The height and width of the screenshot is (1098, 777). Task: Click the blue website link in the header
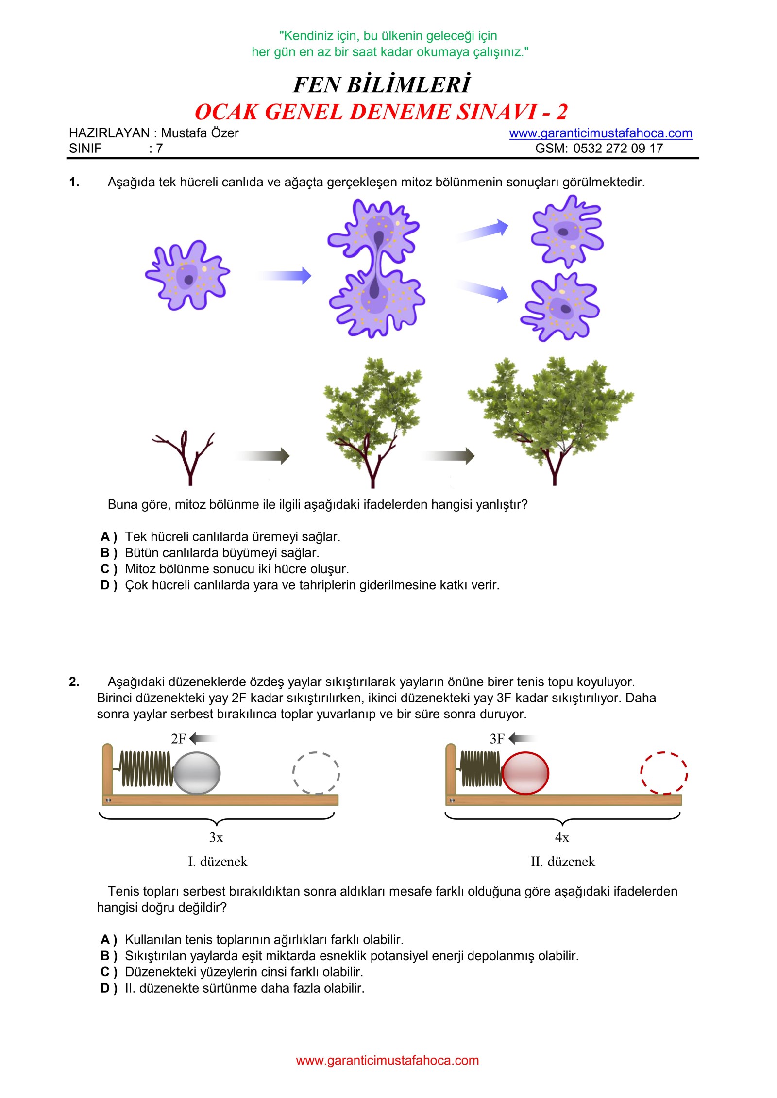tap(600, 133)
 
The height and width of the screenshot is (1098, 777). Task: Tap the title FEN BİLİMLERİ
tap(382, 84)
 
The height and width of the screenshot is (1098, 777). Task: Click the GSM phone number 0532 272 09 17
tap(618, 149)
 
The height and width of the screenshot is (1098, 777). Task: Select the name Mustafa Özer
tap(200, 133)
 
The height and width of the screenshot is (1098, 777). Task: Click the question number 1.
tap(74, 183)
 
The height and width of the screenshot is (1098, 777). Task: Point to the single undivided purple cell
tap(187, 275)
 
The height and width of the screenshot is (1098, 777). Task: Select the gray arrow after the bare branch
tap(264, 456)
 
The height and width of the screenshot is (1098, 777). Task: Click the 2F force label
tap(178, 738)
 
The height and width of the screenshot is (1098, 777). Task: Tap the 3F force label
tap(497, 738)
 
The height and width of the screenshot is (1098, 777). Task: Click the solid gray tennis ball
tap(197, 773)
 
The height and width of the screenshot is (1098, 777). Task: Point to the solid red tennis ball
tap(525, 773)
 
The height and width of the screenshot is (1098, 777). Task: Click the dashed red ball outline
tap(663, 773)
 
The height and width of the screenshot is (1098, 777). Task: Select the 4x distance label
tap(562, 837)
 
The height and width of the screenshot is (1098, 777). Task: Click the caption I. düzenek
tap(218, 862)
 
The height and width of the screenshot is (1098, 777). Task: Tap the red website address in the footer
tap(387, 1060)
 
